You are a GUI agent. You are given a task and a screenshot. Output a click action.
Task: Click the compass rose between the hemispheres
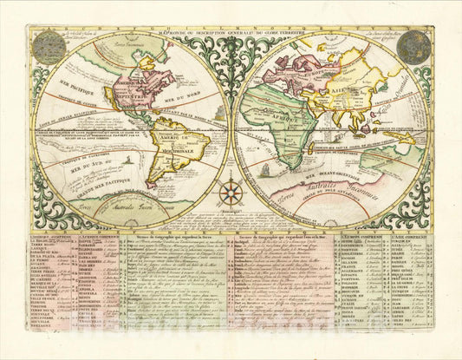231,193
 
